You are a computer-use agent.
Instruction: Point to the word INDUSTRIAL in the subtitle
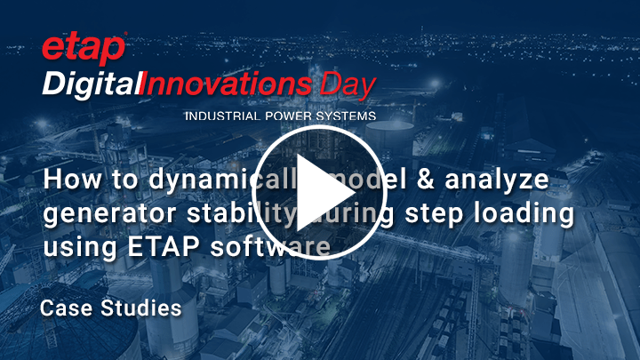tap(217, 116)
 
